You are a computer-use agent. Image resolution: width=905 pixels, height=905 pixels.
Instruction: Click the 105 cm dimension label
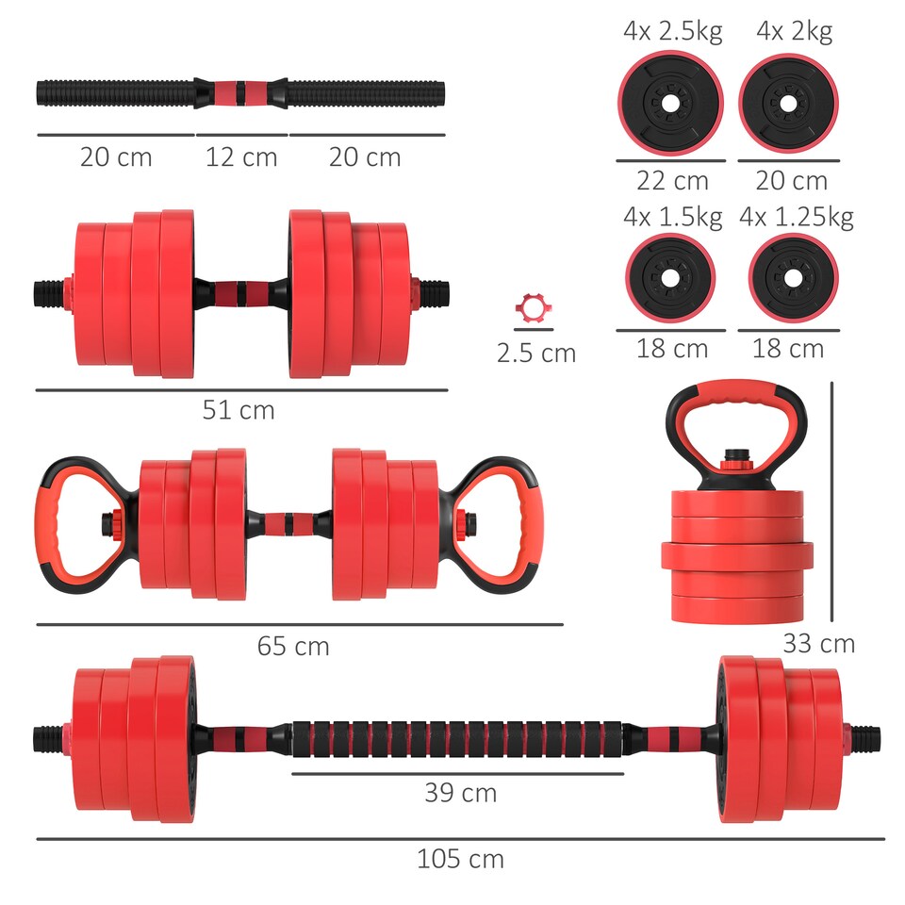click(460, 859)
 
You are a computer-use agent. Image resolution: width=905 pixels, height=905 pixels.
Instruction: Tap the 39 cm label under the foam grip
click(460, 793)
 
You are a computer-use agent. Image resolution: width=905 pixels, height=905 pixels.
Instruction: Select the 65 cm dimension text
click(293, 646)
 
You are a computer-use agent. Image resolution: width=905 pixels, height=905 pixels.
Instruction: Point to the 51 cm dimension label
click(239, 410)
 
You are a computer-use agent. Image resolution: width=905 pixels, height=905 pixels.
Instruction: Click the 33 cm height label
click(818, 644)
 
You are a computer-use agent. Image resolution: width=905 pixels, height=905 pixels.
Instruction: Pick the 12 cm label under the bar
click(241, 156)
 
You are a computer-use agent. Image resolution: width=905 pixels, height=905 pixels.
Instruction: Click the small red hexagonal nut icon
click(530, 308)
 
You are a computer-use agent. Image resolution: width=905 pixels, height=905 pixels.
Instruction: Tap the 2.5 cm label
click(535, 354)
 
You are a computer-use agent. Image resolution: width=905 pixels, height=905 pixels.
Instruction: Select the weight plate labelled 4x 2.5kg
click(670, 101)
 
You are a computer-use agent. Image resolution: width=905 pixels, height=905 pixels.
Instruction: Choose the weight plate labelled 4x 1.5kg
click(670, 278)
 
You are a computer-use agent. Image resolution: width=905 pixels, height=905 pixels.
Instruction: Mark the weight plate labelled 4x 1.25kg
click(792, 278)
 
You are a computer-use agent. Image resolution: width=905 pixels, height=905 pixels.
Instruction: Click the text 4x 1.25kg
click(797, 218)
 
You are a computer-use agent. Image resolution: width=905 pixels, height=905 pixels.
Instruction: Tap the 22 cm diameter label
click(671, 180)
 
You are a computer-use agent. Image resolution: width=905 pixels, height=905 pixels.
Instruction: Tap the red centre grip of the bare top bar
click(240, 93)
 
